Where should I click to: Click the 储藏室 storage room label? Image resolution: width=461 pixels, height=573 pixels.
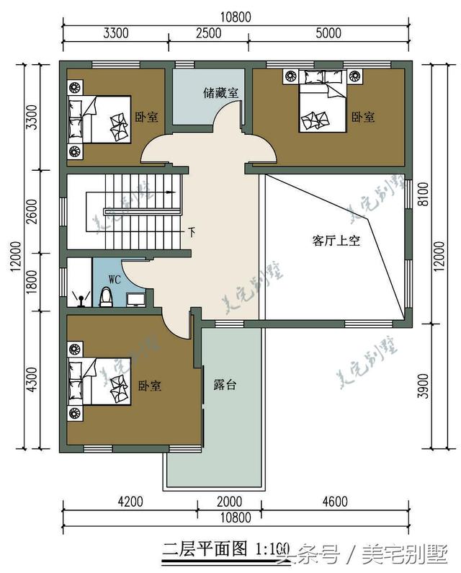[x=220, y=92]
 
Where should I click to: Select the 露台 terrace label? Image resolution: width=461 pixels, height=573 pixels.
[x=225, y=385]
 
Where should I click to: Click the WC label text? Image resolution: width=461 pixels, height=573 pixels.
[x=115, y=278]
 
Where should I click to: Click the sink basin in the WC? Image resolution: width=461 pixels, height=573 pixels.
[x=135, y=298]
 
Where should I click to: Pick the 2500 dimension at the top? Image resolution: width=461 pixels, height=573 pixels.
[x=209, y=32]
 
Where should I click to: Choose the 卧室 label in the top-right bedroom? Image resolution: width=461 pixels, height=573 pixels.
[x=363, y=117]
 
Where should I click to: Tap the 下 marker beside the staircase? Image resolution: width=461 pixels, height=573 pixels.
[x=191, y=232]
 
